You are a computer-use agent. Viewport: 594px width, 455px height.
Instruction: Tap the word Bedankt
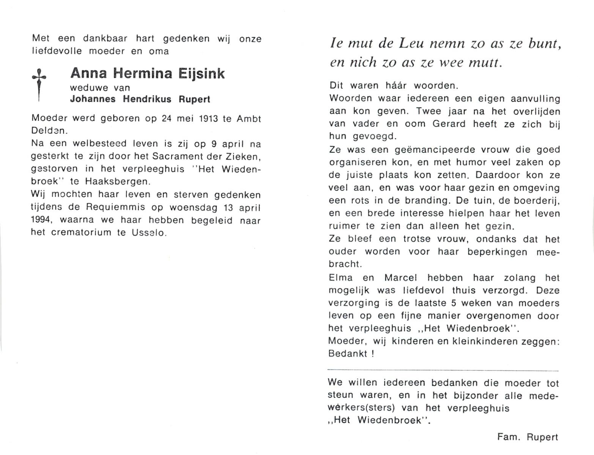point(348,354)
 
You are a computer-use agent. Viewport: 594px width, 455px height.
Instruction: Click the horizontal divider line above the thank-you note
point(443,370)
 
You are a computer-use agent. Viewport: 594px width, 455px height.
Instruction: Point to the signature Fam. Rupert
point(528,437)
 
